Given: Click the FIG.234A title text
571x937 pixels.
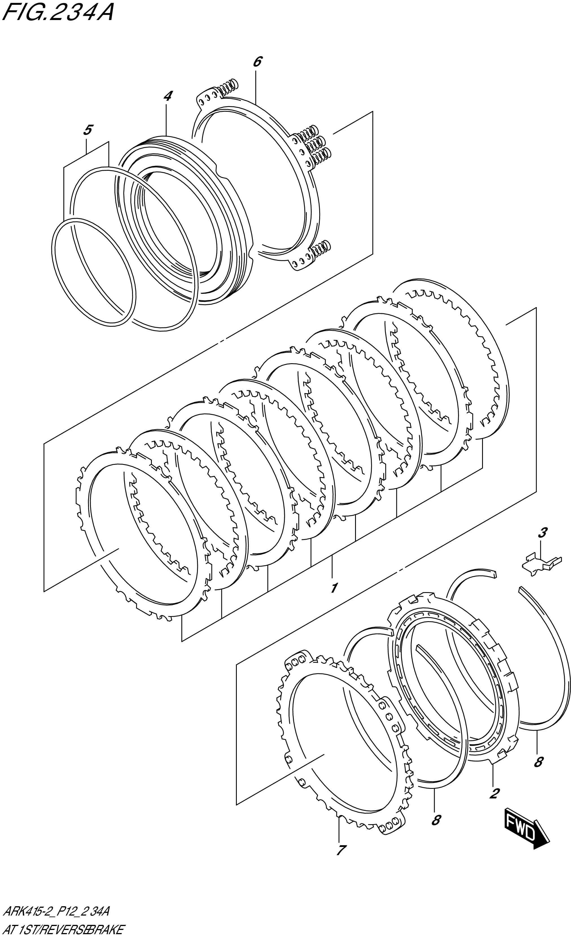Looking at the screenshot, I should tap(57, 12).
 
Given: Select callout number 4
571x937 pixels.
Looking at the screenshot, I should tap(167, 96).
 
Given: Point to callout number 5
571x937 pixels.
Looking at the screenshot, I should tap(87, 130).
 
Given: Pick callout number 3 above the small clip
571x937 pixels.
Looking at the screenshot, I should tap(542, 533).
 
